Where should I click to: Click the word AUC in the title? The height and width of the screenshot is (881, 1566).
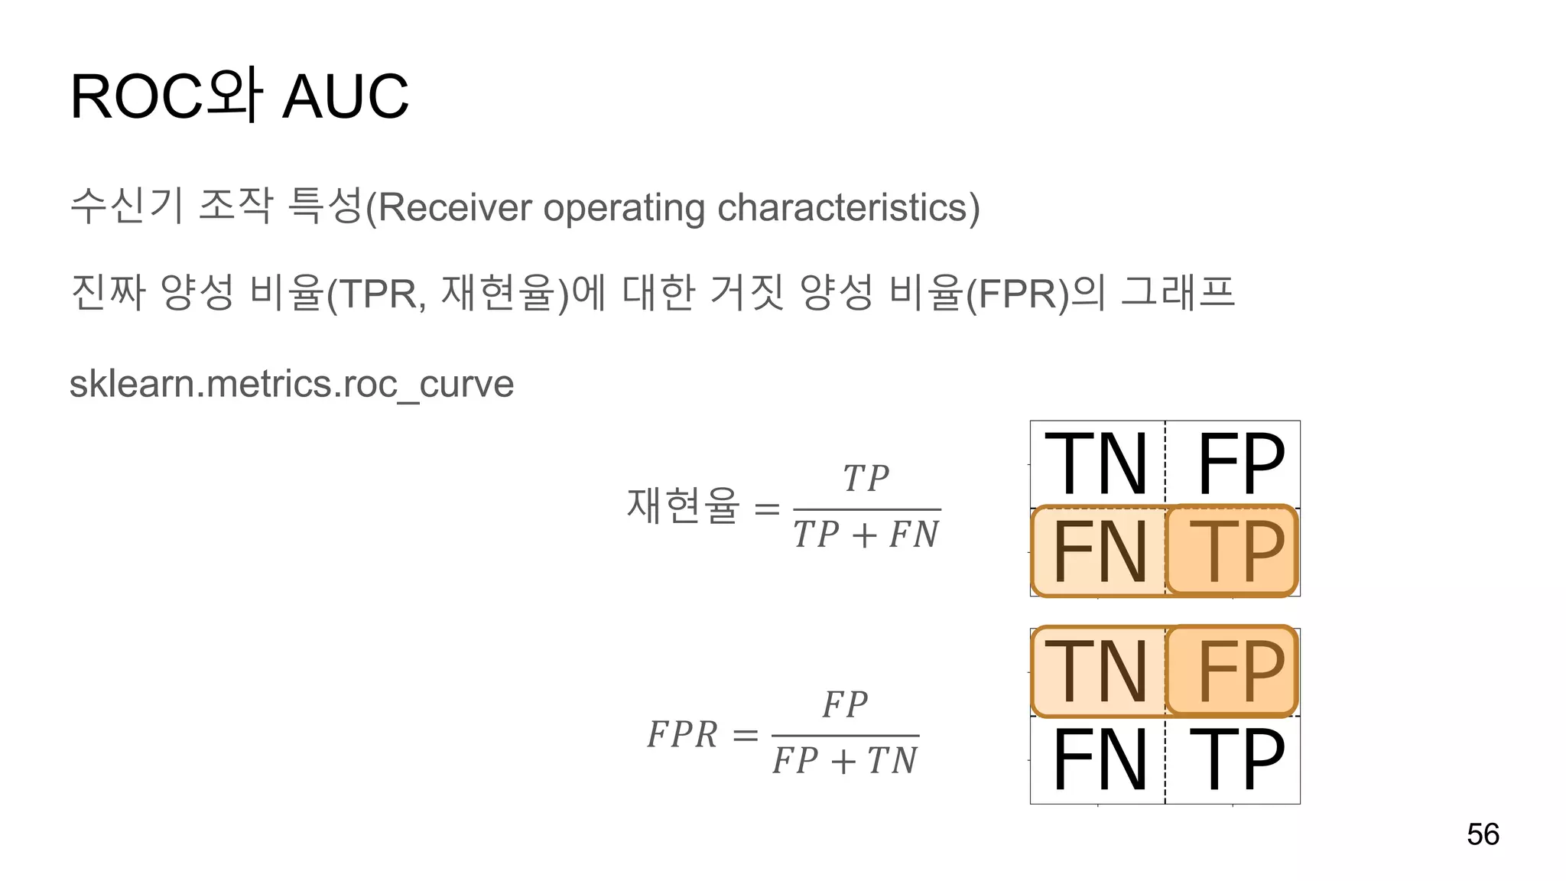tap(346, 97)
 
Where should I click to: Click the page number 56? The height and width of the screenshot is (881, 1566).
tap(1483, 834)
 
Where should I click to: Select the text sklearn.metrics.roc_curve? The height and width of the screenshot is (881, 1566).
tap(291, 384)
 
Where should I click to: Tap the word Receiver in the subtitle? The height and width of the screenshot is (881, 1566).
tap(454, 207)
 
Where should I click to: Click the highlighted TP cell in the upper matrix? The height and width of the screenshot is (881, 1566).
tap(1233, 551)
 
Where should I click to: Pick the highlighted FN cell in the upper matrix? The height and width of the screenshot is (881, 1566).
tap(1098, 551)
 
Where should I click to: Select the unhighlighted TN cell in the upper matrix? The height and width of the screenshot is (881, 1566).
tap(1097, 464)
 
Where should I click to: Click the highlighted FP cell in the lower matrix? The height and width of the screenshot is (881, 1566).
tap(1233, 671)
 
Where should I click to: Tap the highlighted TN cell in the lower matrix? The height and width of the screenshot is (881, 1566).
tap(1097, 671)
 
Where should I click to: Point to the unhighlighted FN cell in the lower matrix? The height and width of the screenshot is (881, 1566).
tap(1100, 759)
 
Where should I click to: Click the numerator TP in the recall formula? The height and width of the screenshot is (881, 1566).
tap(866, 480)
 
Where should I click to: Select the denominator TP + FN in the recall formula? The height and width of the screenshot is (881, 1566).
tap(866, 535)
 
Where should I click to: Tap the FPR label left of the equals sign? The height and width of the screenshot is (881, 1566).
tap(682, 735)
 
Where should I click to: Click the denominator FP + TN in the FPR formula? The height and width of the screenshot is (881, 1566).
tap(845, 761)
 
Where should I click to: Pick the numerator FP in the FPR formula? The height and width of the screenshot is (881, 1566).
tap(845, 705)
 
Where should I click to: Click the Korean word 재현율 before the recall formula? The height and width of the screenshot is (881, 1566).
tap(683, 506)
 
